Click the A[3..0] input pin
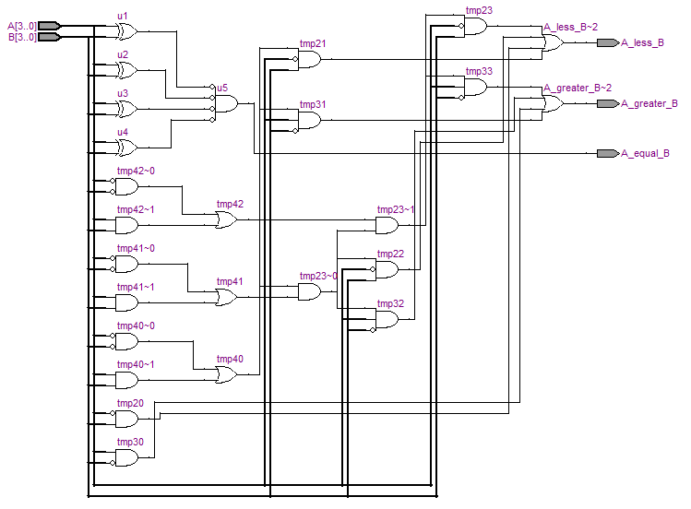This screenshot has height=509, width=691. point(50,26)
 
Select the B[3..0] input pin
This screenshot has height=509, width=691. point(50,37)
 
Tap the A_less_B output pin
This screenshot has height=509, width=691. point(607,42)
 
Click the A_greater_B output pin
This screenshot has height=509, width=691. point(607,103)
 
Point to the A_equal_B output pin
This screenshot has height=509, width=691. point(607,153)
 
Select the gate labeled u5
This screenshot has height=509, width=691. point(224,103)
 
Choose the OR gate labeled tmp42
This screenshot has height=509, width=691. point(225,219)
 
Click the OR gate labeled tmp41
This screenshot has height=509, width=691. point(225,297)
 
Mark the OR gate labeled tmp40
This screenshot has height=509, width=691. point(225,374)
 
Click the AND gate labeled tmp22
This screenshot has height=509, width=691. point(387,269)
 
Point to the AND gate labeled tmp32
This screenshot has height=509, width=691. point(387,319)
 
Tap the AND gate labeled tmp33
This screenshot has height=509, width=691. point(475,88)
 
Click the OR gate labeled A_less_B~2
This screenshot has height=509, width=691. point(552,42)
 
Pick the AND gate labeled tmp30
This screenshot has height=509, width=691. point(126,457)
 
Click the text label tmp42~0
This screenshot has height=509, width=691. point(136,171)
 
